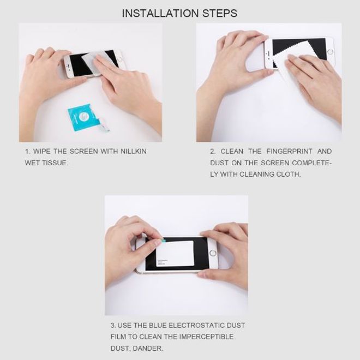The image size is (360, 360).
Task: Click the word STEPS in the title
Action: click(220, 12)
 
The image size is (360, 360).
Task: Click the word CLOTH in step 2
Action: click(289, 174)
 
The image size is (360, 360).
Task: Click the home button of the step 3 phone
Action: click(213, 253)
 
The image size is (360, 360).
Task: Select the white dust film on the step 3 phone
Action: click(174, 253)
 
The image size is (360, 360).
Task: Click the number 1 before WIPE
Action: click(26, 151)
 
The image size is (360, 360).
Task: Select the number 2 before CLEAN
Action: click(212, 151)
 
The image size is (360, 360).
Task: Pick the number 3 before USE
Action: click(112, 326)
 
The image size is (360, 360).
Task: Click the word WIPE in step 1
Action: click(43, 151)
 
